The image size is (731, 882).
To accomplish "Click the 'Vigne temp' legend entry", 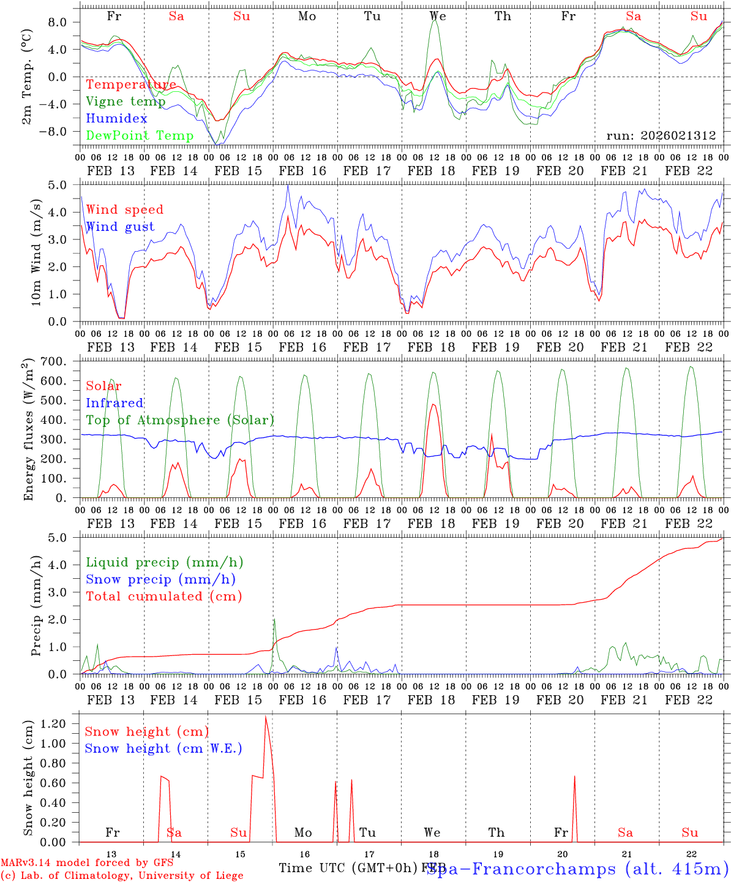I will click(126, 102).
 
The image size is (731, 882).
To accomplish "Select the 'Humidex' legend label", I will click(116, 119).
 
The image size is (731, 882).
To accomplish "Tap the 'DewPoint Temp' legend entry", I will click(140, 136).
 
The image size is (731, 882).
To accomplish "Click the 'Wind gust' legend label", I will click(120, 227).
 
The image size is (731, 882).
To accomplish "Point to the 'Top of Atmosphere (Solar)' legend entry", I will click(180, 420).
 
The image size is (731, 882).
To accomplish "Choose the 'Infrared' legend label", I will click(114, 403).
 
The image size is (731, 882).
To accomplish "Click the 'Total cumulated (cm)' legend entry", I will click(164, 597).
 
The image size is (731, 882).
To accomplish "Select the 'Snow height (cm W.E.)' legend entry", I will click(163, 748).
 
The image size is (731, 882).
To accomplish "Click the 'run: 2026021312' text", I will click(661, 136).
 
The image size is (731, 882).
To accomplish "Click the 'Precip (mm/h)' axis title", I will click(37, 606).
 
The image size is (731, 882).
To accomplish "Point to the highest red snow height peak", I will click(265, 716).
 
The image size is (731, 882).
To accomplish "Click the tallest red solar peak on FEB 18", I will click(433, 404).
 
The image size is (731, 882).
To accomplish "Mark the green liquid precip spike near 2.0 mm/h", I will click(274, 619).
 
